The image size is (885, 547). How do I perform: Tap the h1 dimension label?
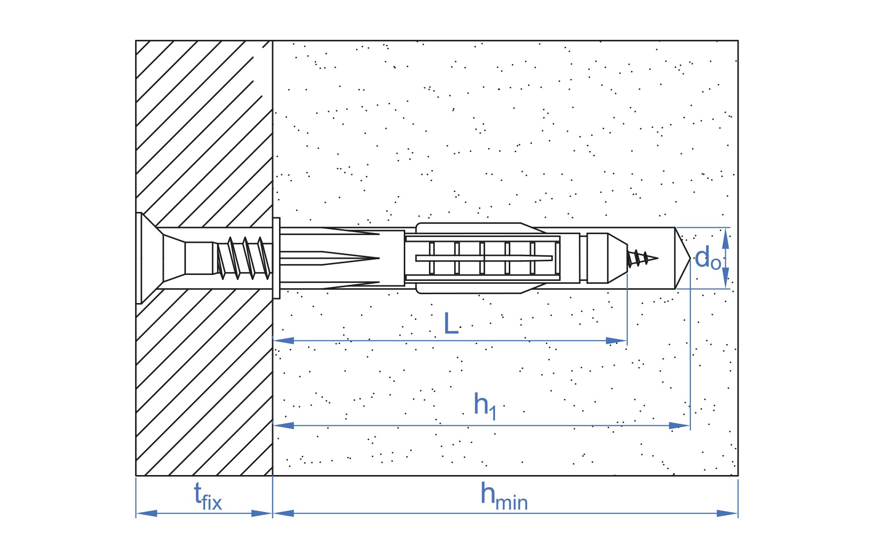pos(485,406)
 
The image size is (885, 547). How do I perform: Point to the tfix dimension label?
pos(208,496)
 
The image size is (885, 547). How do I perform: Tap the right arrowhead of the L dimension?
pos(616,341)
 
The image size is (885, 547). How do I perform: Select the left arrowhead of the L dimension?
pos(283,341)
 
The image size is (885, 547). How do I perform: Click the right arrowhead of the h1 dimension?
pos(679,425)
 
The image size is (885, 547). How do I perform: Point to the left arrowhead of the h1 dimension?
pos(283,425)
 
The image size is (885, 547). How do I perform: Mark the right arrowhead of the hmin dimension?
pos(727,513)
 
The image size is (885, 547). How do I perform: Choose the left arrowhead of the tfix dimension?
pos(146,513)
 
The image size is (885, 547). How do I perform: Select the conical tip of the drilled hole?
pos(682,258)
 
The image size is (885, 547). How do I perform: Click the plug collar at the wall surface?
pos(276,258)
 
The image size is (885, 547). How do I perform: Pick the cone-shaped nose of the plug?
pos(617,258)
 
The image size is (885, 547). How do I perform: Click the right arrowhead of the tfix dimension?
pos(262,513)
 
